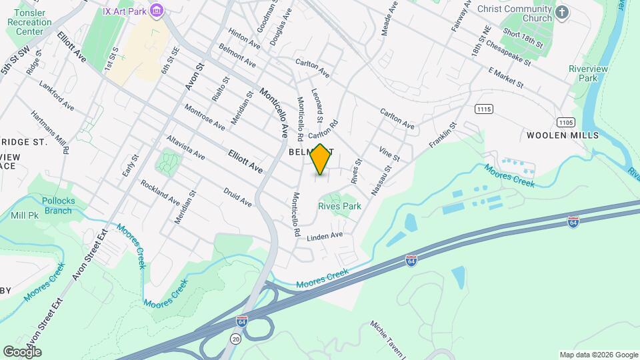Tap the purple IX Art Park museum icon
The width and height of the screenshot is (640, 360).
tap(157, 11)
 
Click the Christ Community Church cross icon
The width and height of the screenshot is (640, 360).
tap(563, 12)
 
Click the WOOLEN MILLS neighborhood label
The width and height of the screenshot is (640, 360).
tap(563, 135)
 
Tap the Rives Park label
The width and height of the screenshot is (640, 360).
tap(339, 206)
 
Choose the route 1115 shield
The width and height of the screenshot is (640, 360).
tap(483, 108)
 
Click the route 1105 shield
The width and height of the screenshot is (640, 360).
tap(566, 122)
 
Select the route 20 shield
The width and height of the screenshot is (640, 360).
tap(237, 339)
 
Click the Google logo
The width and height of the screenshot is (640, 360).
tap(22, 351)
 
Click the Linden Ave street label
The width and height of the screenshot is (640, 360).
tap(325, 236)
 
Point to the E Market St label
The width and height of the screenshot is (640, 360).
tap(507, 77)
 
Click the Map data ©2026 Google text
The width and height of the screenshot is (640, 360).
tap(597, 355)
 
